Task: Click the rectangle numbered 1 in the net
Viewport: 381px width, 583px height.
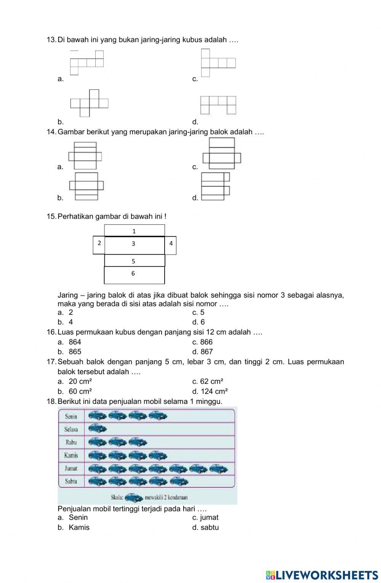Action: pyautogui.click(x=134, y=231)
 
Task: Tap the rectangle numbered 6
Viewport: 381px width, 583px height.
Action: pyautogui.click(x=134, y=274)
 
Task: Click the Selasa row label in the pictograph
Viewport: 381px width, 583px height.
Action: pyautogui.click(x=71, y=429)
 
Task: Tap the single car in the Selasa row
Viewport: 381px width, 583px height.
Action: pyautogui.click(x=98, y=429)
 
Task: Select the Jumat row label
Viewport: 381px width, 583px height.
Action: pyautogui.click(x=71, y=468)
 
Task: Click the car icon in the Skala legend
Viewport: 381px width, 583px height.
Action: pyautogui.click(x=133, y=498)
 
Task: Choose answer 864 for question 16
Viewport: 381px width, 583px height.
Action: pyautogui.click(x=75, y=342)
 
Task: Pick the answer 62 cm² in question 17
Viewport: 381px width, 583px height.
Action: pyautogui.click(x=211, y=381)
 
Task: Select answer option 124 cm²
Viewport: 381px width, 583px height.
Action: pyautogui.click(x=213, y=391)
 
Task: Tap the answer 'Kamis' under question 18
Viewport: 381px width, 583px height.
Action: pyautogui.click(x=79, y=527)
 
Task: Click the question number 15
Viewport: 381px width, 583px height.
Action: pyautogui.click(x=51, y=216)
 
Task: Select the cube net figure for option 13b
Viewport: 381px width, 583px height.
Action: pyautogui.click(x=90, y=103)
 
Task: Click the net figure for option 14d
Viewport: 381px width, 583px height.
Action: pyautogui.click(x=215, y=186)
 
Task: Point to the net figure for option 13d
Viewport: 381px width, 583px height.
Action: pyautogui.click(x=218, y=105)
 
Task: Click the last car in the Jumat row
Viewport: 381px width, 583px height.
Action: pyautogui.click(x=219, y=469)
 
